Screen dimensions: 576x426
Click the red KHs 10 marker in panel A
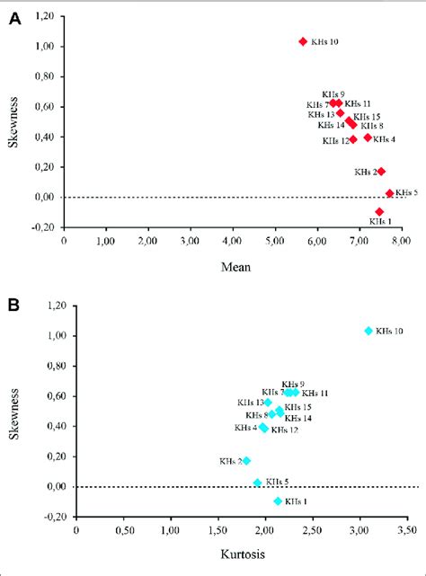[303, 41]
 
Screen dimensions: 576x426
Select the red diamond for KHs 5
[389, 193]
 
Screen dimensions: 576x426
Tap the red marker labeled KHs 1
[379, 211]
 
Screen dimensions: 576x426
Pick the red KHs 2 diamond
[381, 171]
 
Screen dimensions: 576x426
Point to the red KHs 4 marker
[368, 137]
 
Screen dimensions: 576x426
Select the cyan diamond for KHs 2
[246, 460]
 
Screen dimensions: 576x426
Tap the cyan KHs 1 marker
[278, 501]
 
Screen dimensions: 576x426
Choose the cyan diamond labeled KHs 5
[257, 483]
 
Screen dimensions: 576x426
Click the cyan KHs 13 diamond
[268, 402]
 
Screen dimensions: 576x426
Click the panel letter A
[13, 17]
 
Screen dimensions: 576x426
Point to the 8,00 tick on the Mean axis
[400, 241]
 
